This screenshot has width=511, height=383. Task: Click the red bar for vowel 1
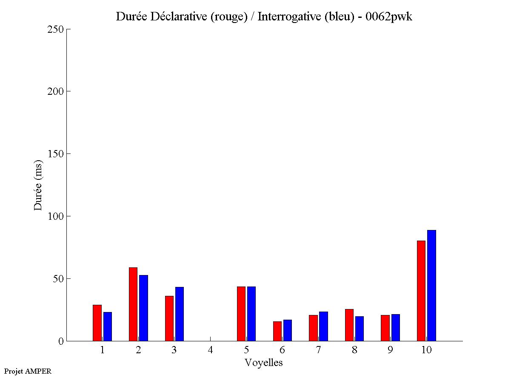click(x=97, y=323)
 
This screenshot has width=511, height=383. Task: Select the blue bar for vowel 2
click(x=143, y=308)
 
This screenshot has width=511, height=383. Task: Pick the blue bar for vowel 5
click(x=251, y=314)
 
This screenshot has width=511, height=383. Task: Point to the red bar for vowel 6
click(x=277, y=331)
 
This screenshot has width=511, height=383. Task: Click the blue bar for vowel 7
click(x=323, y=326)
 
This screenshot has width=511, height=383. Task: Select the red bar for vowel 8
click(x=349, y=325)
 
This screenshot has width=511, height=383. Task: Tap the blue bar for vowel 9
click(x=396, y=327)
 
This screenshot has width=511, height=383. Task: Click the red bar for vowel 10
click(x=421, y=291)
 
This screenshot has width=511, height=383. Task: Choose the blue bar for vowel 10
click(x=431, y=285)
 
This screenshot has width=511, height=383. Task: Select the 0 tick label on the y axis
click(x=60, y=341)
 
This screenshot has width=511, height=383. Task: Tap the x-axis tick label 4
click(x=210, y=350)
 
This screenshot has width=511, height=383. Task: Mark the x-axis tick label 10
click(x=426, y=350)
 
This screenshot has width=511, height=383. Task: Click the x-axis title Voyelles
click(x=264, y=363)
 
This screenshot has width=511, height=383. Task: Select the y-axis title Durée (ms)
click(x=39, y=185)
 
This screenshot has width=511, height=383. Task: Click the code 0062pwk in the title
click(x=389, y=17)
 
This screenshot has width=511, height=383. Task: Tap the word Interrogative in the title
click(x=285, y=17)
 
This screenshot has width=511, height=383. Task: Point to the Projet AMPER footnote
click(x=28, y=371)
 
